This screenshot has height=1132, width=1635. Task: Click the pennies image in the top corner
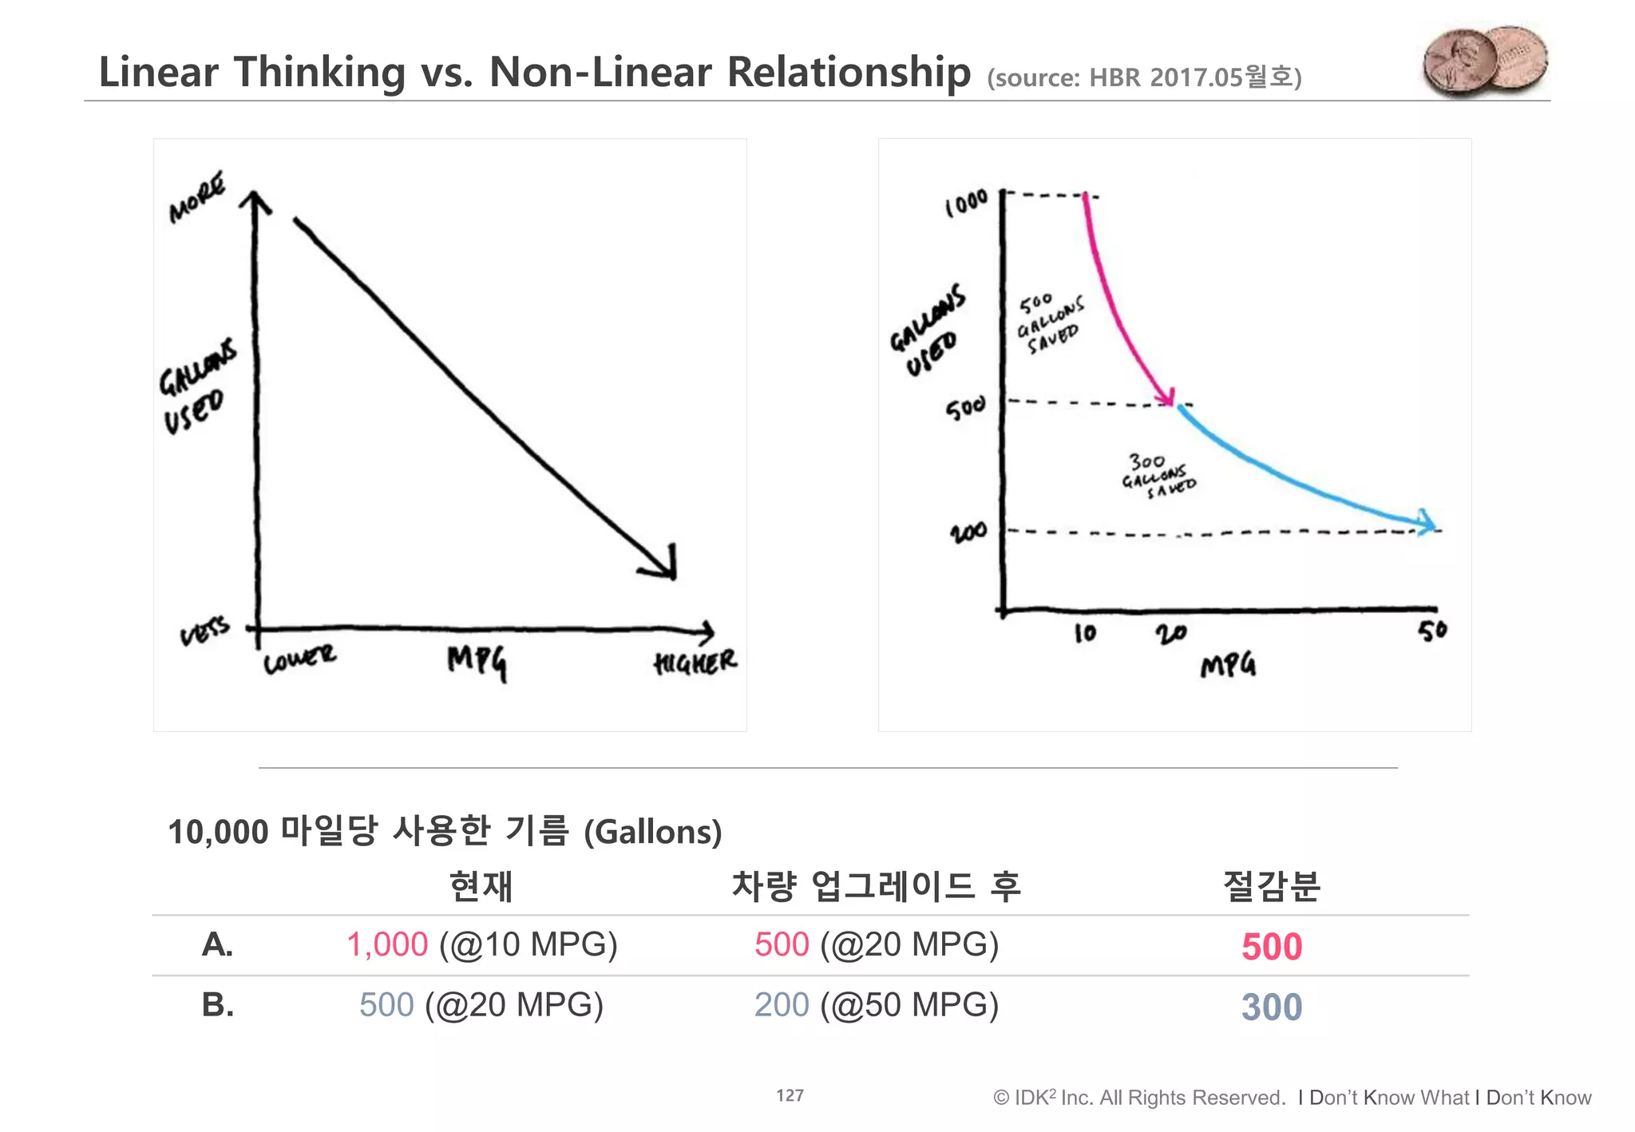click(x=1485, y=61)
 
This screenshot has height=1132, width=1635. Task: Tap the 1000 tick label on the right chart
click(x=967, y=204)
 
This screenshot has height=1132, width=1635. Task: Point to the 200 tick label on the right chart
click(x=968, y=532)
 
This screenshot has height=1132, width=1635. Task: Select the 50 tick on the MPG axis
click(x=1432, y=631)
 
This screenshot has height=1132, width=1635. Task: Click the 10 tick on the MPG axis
click(x=1085, y=634)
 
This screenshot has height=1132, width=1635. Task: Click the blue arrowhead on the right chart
click(x=1427, y=523)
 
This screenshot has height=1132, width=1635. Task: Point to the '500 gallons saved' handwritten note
click(x=1051, y=324)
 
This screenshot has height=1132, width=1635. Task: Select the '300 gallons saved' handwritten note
click(x=1158, y=476)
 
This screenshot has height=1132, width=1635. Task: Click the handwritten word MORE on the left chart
click(x=196, y=197)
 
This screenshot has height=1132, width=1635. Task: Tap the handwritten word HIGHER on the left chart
click(x=695, y=662)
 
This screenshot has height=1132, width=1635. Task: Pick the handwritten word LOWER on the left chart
click(x=299, y=659)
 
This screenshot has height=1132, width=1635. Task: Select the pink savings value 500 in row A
click(x=1271, y=947)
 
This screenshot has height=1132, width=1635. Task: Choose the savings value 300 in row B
click(x=1271, y=1007)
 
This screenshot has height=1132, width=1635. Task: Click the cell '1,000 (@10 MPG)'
click(x=481, y=945)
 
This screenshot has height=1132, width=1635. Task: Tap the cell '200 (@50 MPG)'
click(x=876, y=1005)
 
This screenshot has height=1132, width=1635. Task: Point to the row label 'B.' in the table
click(x=217, y=1005)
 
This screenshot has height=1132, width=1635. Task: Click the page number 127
click(x=790, y=1095)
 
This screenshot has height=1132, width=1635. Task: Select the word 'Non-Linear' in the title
click(x=600, y=72)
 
